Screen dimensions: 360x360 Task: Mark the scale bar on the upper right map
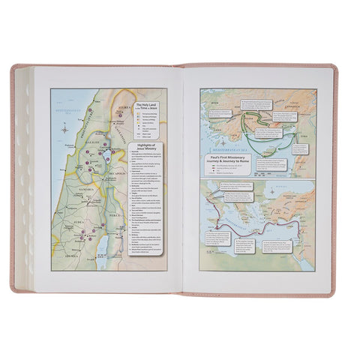tap(225, 174)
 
